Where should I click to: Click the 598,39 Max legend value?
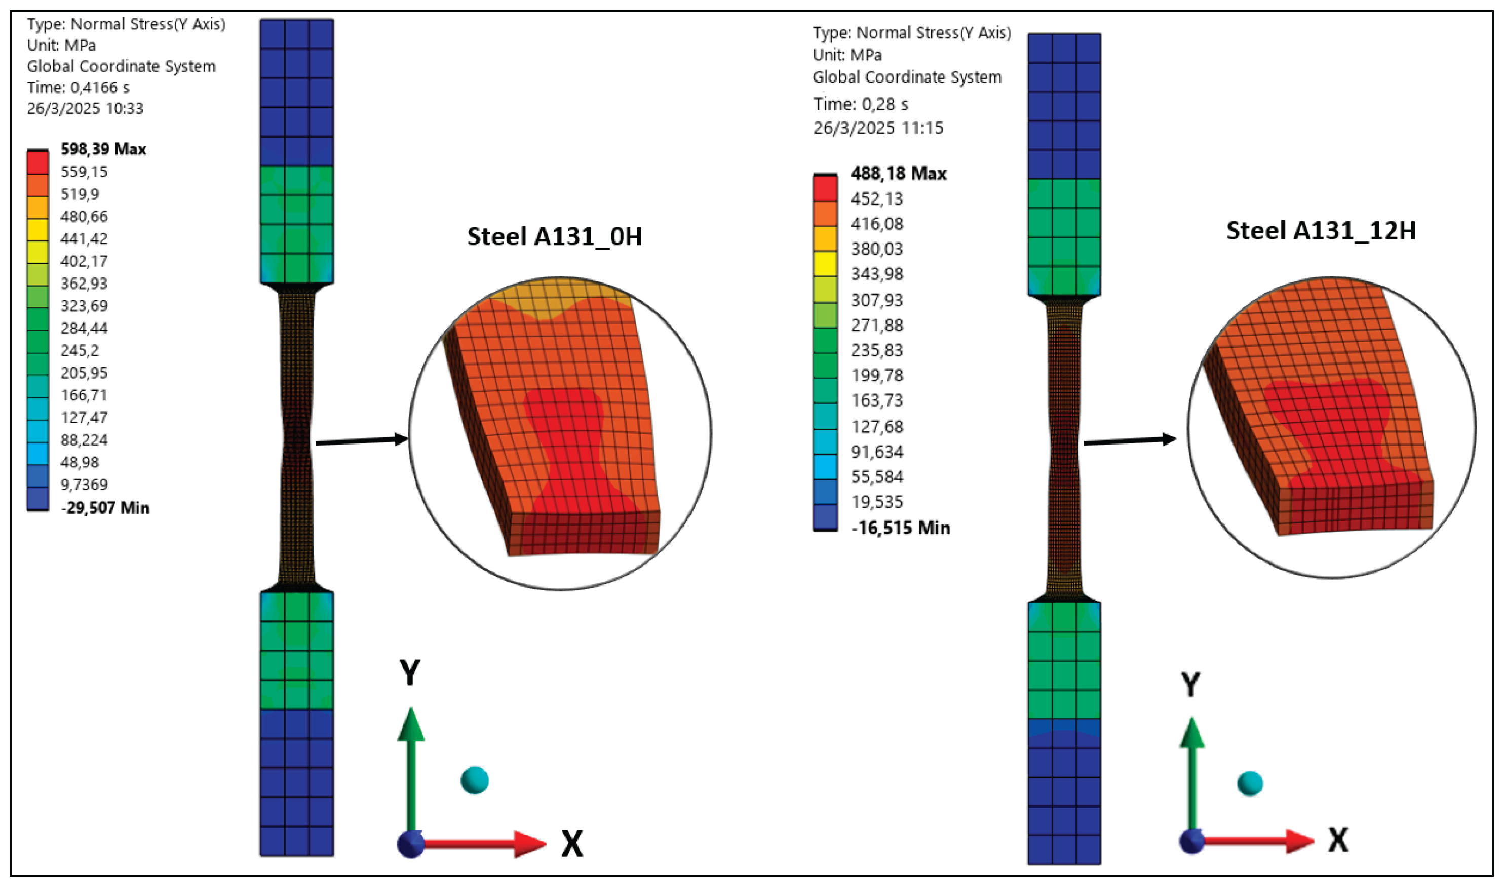[x=103, y=149]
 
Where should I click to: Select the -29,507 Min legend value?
[x=105, y=508]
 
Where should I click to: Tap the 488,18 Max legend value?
[x=898, y=174]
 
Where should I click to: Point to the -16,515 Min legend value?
[x=900, y=528]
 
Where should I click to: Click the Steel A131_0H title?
[x=554, y=236]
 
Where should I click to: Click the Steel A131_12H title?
[x=1321, y=230]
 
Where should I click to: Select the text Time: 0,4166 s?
[x=78, y=88]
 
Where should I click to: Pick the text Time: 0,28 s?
[x=860, y=104]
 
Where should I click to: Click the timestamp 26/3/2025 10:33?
[x=85, y=108]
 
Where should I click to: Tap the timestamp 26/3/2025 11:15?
[x=877, y=128]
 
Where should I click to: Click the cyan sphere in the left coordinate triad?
[x=475, y=780]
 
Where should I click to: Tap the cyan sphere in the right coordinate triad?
[x=1249, y=783]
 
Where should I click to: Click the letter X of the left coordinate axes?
[x=572, y=844]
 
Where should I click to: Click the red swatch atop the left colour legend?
[x=37, y=163]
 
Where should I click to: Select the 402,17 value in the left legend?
[x=84, y=261]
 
